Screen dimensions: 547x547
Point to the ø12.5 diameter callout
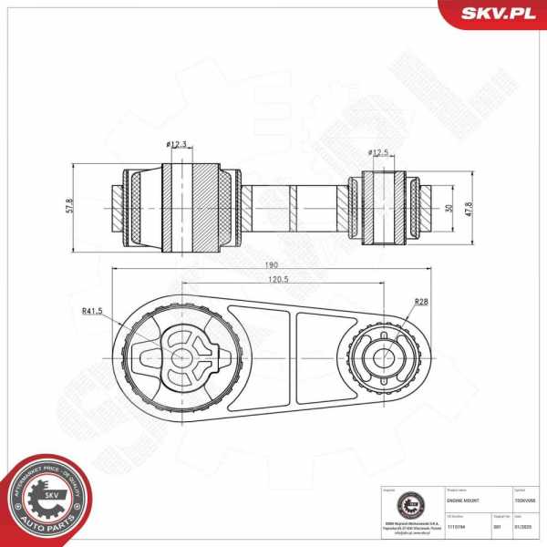[x=378, y=151]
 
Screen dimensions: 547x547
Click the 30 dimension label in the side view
[x=448, y=208]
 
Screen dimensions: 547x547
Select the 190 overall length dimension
[x=272, y=264]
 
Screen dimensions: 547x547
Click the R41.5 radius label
[x=91, y=311]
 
